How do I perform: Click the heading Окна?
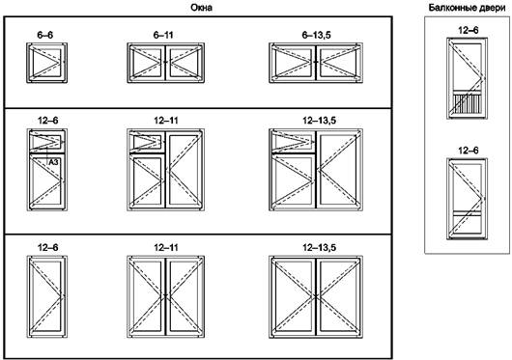202,8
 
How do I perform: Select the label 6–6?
45,35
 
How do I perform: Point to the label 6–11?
163,35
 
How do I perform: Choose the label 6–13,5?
316,35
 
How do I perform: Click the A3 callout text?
53,162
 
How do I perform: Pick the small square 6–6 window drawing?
47,63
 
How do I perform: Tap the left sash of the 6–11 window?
147,63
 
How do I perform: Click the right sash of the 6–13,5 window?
339,63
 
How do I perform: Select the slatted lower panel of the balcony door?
468,104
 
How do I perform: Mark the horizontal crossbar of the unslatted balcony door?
468,213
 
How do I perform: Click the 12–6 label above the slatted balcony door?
469,30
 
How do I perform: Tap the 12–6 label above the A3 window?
48,121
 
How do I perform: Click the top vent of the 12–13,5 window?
294,142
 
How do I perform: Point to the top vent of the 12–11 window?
147,142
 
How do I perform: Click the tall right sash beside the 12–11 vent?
185,170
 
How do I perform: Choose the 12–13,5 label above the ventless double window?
319,248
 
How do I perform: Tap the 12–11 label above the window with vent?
166,121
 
